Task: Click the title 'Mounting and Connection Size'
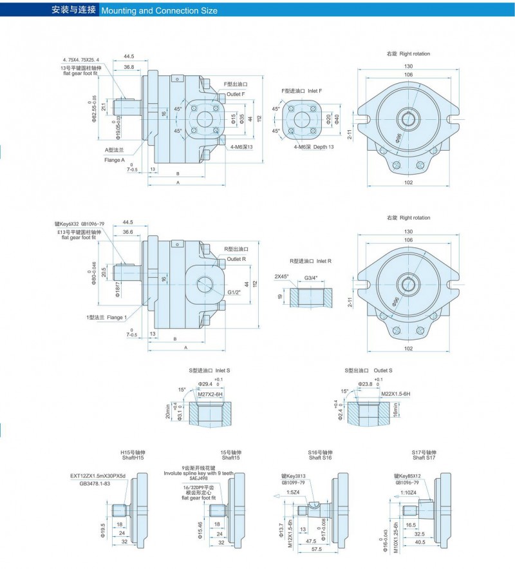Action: pyautogui.click(x=160, y=10)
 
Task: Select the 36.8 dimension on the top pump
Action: pyautogui.click(x=129, y=67)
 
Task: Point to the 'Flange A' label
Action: pyautogui.click(x=114, y=159)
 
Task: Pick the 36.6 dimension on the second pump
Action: pyautogui.click(x=127, y=232)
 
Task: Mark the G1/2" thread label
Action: pyautogui.click(x=236, y=291)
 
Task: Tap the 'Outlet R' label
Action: pyautogui.click(x=236, y=259)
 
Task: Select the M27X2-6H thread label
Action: pyautogui.click(x=210, y=394)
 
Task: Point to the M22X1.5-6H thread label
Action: pyautogui.click(x=395, y=393)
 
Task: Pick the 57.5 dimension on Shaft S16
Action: pyautogui.click(x=315, y=550)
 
